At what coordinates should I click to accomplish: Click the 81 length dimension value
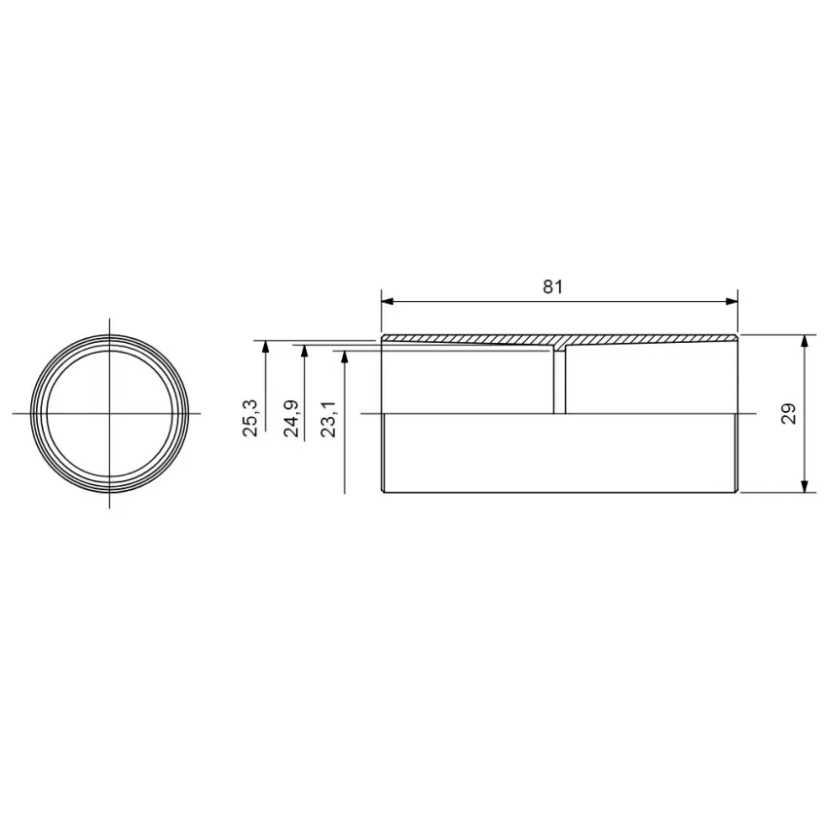tap(553, 286)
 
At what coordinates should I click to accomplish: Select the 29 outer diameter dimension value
tap(788, 413)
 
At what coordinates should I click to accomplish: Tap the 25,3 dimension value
tap(250, 418)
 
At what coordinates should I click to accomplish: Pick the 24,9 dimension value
tap(291, 419)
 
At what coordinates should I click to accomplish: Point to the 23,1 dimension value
tap(328, 419)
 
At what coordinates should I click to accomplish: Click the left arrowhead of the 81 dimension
tap(388, 302)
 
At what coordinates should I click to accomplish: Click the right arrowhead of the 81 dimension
tap(732, 302)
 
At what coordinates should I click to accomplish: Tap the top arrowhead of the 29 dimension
tap(805, 341)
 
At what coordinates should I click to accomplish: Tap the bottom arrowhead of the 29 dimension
tap(805, 486)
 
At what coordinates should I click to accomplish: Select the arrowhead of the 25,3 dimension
tap(266, 347)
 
